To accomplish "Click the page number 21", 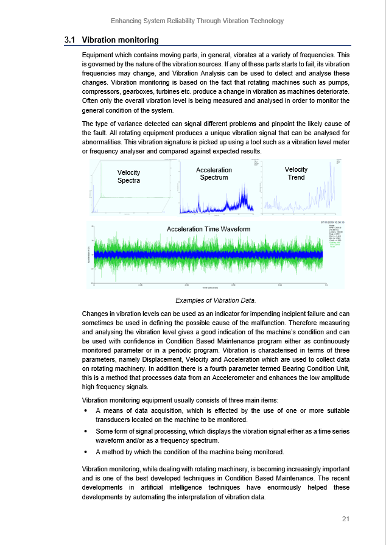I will click(345, 519).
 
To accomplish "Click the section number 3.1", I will click(69, 40).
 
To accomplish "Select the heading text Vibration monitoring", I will click(120, 40).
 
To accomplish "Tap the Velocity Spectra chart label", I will click(128, 177).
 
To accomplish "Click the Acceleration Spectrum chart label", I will click(214, 174).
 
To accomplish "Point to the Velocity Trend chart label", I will click(296, 173).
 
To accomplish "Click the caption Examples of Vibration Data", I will click(216, 300).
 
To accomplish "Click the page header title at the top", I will click(197, 21).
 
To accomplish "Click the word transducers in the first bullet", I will click(117, 420).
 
